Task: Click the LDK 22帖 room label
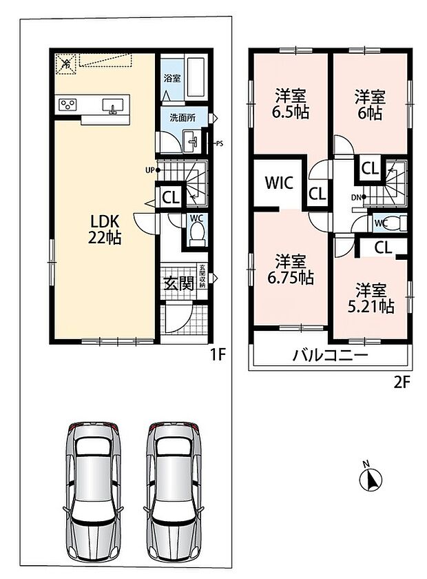coord(105,230)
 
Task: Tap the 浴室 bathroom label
coord(172,78)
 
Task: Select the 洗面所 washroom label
coord(183,118)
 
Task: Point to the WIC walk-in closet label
coord(280,183)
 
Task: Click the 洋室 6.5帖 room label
coord(291,104)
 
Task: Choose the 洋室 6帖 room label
coord(370,105)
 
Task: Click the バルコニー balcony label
coord(331,355)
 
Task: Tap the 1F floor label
coord(218,355)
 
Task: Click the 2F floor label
coord(402,383)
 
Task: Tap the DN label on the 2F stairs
coord(356,197)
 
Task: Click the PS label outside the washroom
coord(220,143)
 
